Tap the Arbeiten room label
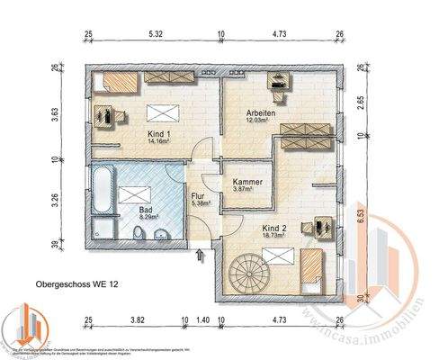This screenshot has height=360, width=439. [x=263, y=112]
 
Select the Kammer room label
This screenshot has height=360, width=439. [x=247, y=182]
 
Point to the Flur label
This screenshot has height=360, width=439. [x=200, y=195]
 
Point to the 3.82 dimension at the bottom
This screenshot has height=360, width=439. [x=138, y=319]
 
